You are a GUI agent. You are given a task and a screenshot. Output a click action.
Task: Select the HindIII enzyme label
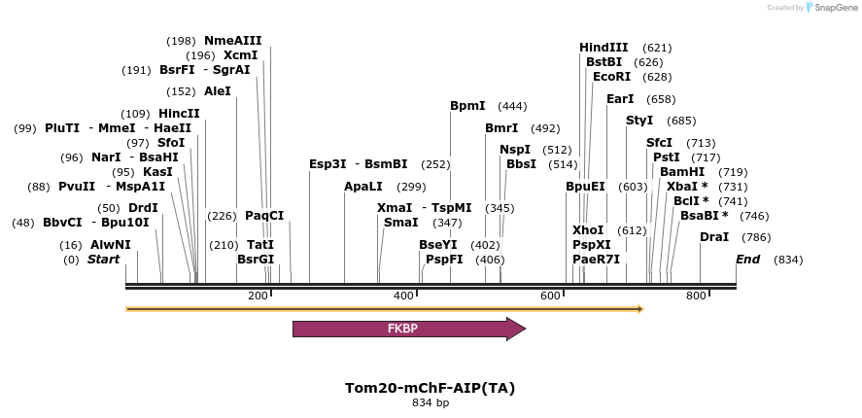[x=603, y=47]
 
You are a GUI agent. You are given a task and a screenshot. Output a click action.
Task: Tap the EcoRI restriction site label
[x=611, y=76]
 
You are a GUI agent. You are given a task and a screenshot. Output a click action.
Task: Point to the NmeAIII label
[x=232, y=41]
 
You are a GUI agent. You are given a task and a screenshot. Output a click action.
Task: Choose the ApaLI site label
[x=363, y=186]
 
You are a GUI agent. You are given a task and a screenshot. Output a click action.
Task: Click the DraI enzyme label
[x=714, y=237]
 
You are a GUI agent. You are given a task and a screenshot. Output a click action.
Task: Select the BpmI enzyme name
[x=467, y=105]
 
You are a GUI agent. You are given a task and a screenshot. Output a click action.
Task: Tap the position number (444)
[x=512, y=106]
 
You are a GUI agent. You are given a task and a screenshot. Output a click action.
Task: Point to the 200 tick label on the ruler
[x=258, y=296]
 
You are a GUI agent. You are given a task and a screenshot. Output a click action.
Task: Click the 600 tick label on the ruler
[x=550, y=296]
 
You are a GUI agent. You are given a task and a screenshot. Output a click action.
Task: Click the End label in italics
[x=747, y=260]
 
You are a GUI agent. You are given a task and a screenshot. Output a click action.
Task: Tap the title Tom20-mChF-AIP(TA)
[x=430, y=388]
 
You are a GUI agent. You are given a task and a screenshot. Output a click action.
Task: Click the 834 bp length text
[x=430, y=402]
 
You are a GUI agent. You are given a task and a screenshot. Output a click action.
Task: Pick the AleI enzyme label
[x=218, y=91]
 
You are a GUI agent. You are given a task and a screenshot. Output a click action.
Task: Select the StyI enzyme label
[x=639, y=121]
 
